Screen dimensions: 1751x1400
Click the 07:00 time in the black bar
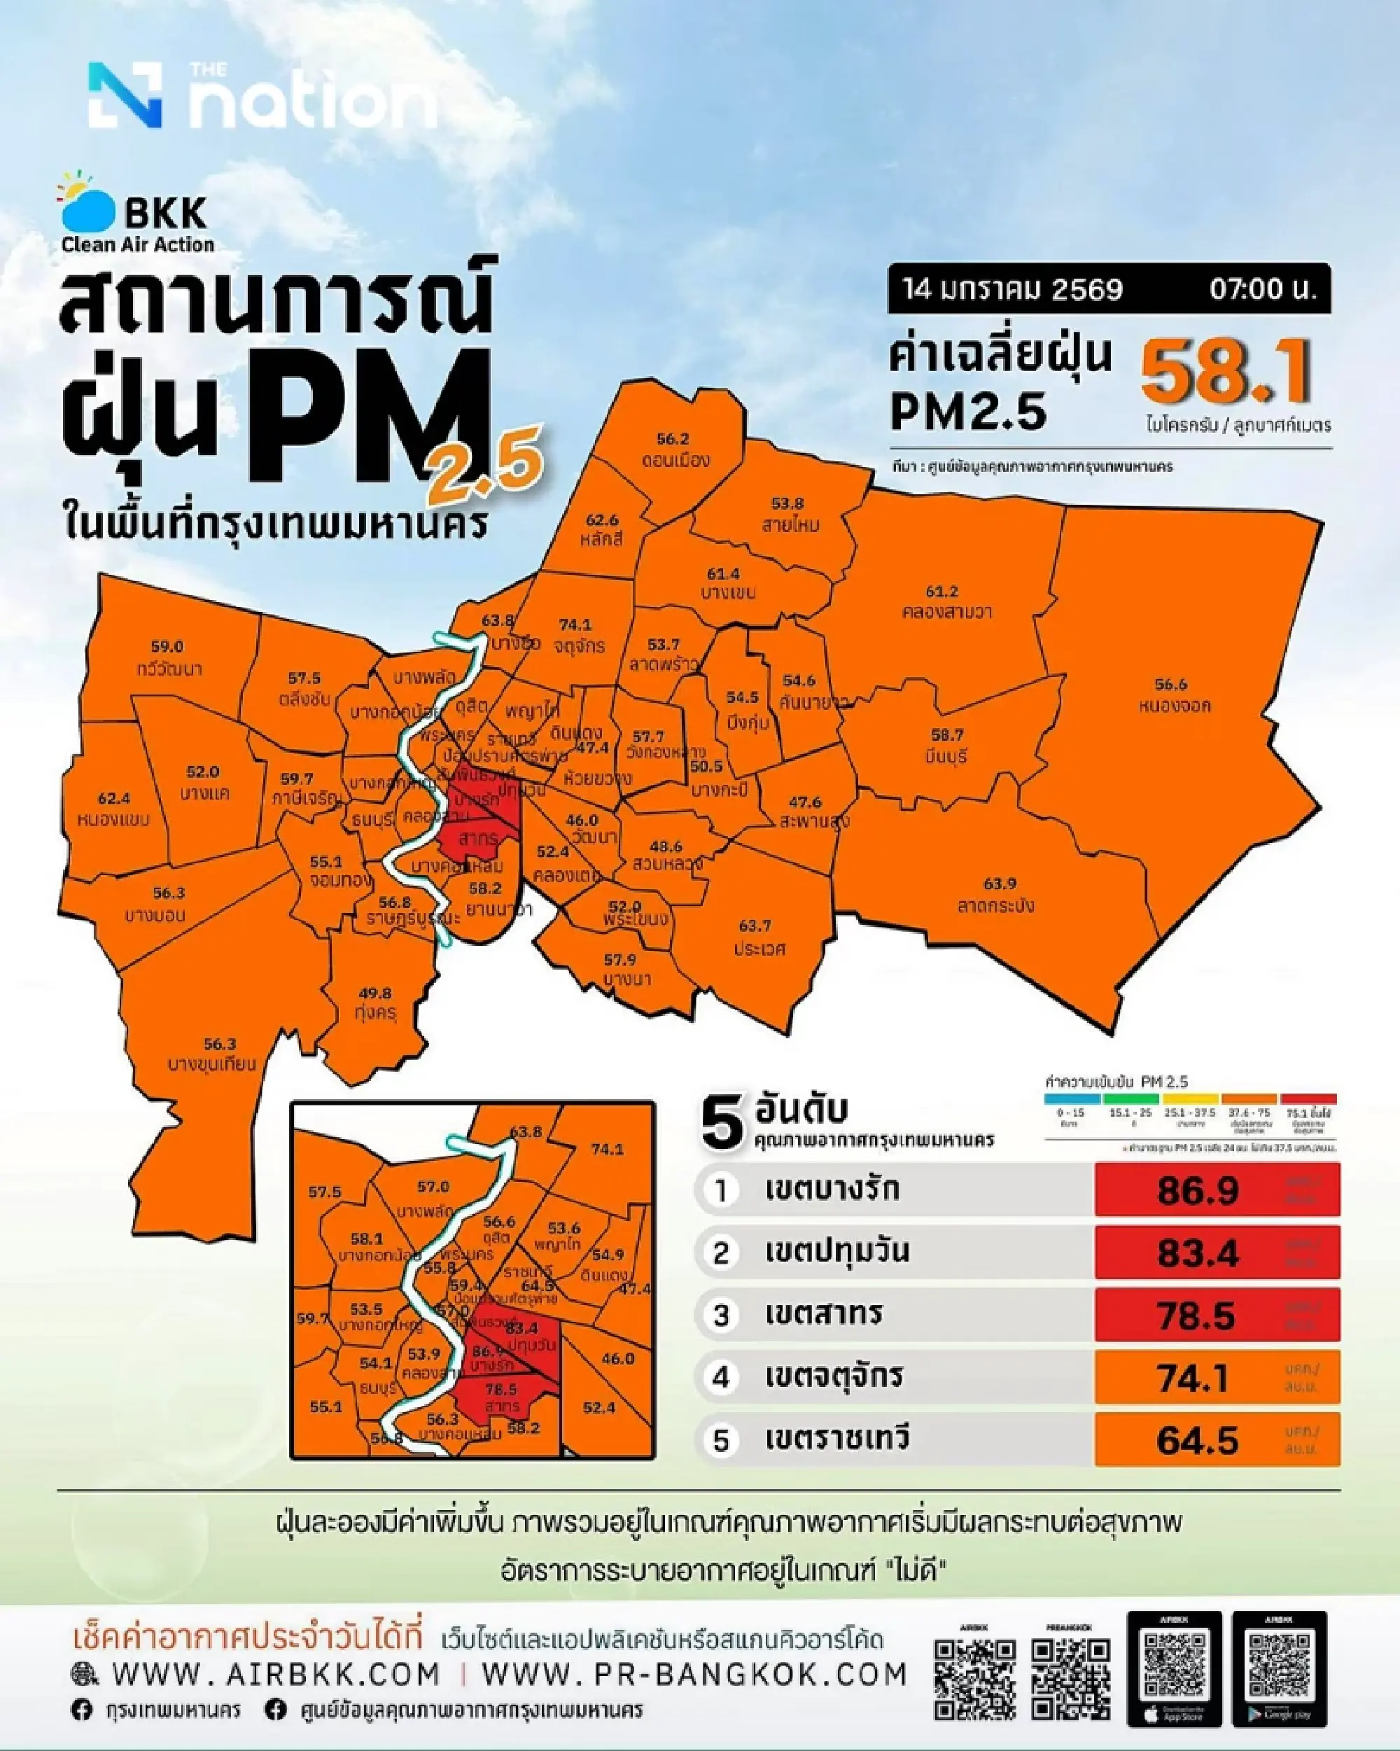tap(1261, 290)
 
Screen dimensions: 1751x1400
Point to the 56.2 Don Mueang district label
tap(673, 440)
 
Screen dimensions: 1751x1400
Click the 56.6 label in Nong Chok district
tap(1170, 685)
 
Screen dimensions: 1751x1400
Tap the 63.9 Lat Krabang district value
tap(999, 884)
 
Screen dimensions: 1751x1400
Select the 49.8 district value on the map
tap(374, 993)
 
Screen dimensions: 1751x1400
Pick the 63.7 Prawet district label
tap(755, 926)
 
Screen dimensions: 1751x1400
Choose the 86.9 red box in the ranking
tap(1216, 1191)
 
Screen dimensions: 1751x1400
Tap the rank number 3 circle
tap(721, 1316)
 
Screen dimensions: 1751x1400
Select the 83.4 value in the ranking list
tap(1198, 1253)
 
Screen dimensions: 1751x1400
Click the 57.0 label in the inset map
tap(433, 1187)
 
